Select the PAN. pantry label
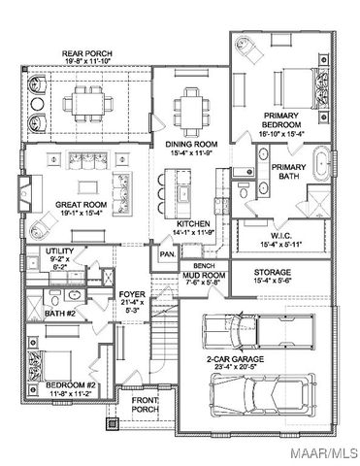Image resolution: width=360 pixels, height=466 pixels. coord(166,254)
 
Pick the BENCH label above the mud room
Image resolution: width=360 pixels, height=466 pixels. coord(204,265)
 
